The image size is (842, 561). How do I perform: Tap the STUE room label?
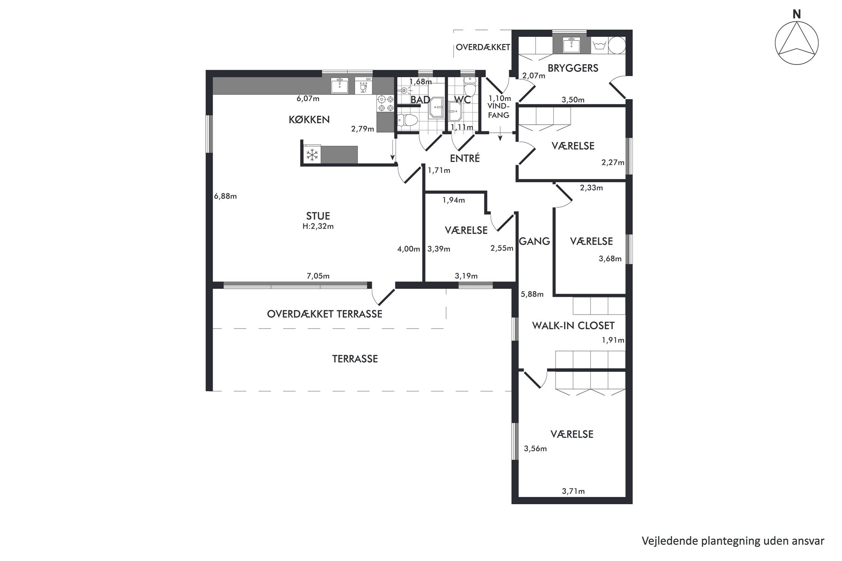318,216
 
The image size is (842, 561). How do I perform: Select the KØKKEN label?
309,120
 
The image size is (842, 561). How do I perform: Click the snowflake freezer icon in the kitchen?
312,155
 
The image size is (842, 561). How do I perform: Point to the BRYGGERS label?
573,68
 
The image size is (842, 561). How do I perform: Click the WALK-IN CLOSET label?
573,326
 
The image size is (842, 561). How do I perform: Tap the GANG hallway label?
534,241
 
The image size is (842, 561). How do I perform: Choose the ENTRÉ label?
465,158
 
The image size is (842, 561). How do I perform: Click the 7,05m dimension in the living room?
318,276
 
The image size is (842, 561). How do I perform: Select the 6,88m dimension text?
225,196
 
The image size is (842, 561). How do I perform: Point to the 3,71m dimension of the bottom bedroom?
573,491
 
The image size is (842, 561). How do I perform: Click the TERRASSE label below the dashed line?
355,359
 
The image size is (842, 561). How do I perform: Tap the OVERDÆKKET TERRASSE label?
325,314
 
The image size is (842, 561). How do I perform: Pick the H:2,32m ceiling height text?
318,226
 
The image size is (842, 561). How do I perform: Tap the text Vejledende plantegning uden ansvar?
733,541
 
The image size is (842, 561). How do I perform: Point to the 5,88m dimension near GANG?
532,294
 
